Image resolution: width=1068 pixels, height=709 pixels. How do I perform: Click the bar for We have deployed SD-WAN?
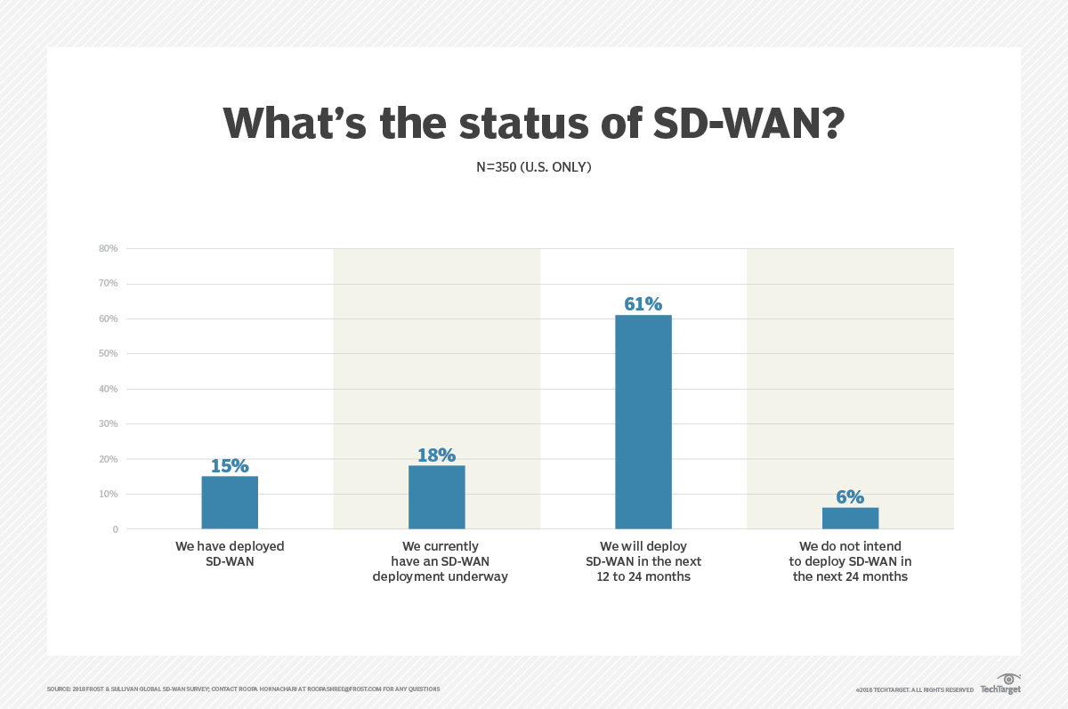230,503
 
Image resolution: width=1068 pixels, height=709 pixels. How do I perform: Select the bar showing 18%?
436,497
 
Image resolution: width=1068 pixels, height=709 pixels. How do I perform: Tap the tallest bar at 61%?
643,422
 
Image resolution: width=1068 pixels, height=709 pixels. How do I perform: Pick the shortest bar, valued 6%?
850,518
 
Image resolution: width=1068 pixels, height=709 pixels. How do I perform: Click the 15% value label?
230,465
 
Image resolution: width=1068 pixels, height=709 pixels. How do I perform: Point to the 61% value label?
643,304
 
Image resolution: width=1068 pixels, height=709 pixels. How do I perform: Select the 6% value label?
850,497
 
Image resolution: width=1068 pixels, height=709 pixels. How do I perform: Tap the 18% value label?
436,455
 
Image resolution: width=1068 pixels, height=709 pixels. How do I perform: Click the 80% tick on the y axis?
109,248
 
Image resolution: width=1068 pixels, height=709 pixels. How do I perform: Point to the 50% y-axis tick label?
109,354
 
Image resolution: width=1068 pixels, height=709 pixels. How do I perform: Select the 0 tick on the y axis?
115,529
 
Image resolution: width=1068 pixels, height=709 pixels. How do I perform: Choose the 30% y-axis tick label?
109,424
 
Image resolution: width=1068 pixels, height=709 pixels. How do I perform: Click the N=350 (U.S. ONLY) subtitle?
534,166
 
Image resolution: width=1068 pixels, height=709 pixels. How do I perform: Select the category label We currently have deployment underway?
440,561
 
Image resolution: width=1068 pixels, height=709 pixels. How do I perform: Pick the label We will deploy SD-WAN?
643,561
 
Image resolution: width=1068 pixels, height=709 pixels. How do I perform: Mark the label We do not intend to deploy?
850,561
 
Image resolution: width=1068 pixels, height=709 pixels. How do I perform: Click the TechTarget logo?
1001,685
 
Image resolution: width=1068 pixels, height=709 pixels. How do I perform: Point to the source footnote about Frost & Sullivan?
243,689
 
